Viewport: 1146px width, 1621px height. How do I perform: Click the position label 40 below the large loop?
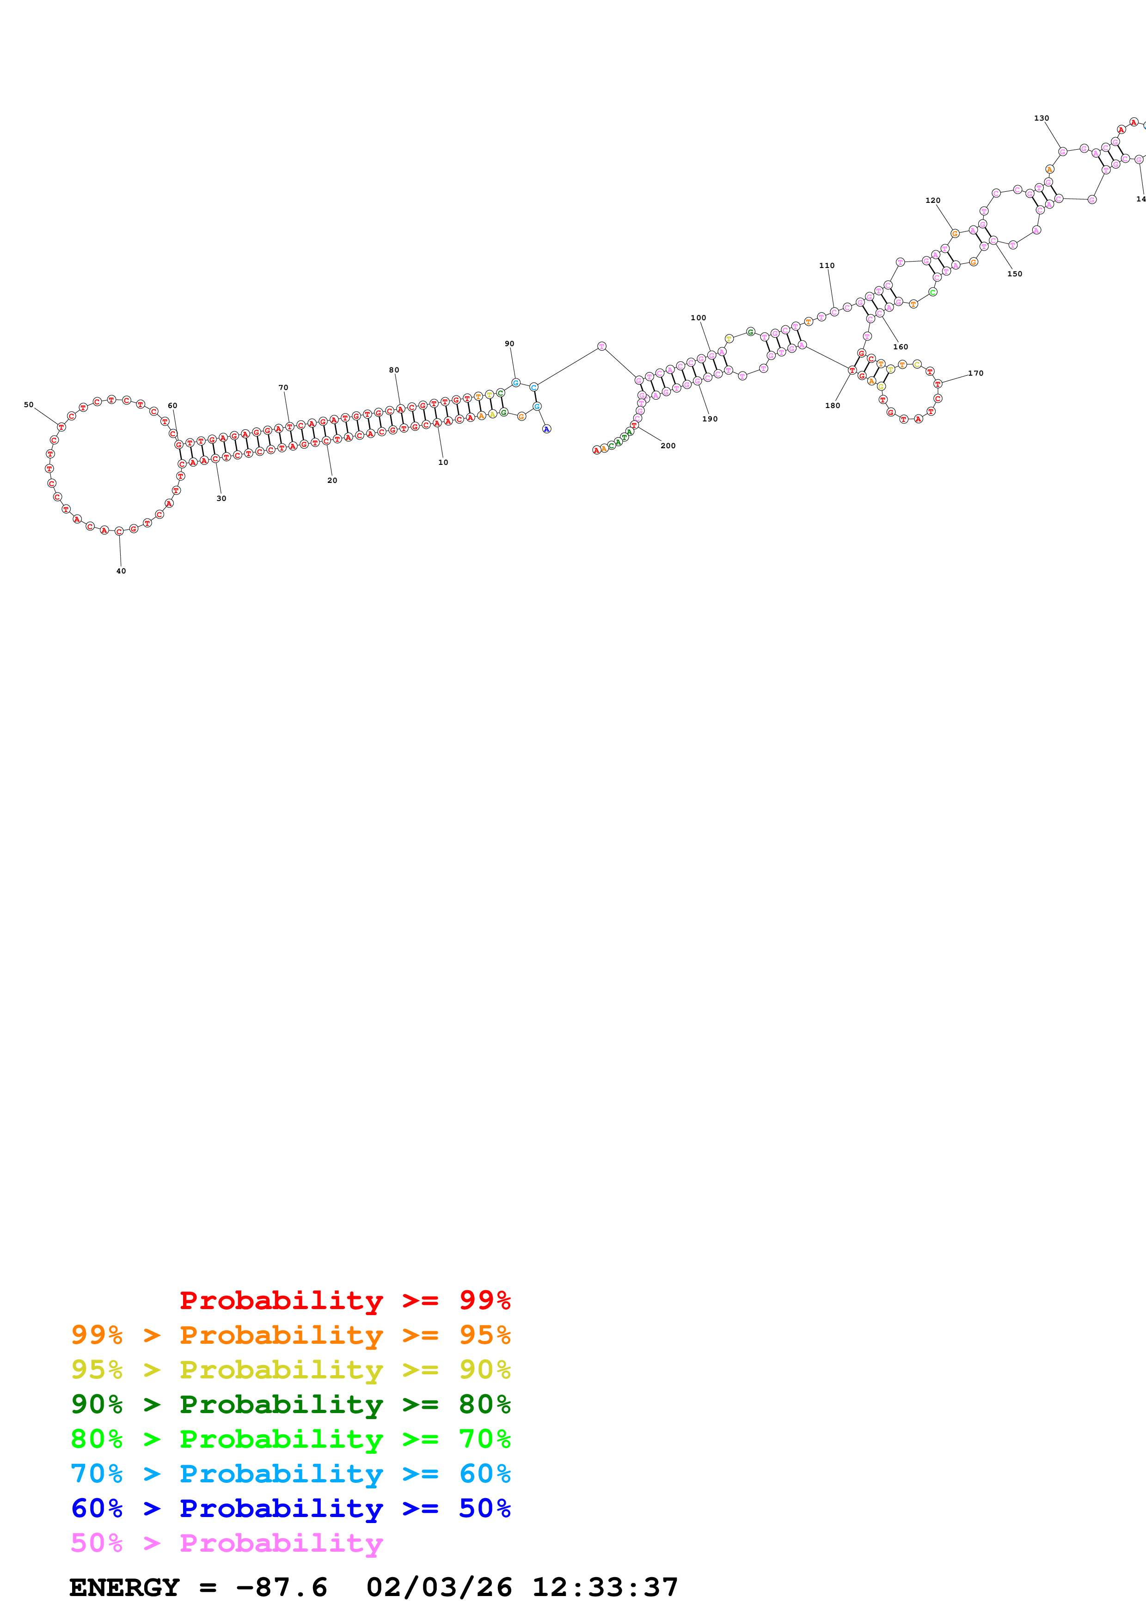(x=121, y=571)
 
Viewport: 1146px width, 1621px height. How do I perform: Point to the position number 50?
(x=28, y=404)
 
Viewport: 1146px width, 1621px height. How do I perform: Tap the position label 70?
(x=283, y=388)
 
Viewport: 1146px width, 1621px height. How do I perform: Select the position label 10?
(x=443, y=463)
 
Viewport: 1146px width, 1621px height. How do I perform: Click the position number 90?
(x=509, y=344)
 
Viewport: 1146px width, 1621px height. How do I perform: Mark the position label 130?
(x=1042, y=119)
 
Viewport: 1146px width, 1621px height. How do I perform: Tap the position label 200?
(x=668, y=445)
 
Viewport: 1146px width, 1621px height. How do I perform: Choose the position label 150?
(x=1015, y=274)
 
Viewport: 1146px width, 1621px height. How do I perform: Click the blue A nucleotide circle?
(x=546, y=429)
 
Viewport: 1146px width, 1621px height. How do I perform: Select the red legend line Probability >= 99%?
(x=344, y=1300)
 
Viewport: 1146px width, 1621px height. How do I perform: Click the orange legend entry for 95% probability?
(x=290, y=1335)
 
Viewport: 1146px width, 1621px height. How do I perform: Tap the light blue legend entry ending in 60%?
(x=290, y=1474)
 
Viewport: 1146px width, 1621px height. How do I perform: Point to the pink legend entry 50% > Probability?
(x=227, y=1542)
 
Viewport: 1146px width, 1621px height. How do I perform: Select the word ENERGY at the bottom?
(x=124, y=1588)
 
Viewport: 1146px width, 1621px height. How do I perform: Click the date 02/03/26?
(x=439, y=1588)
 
